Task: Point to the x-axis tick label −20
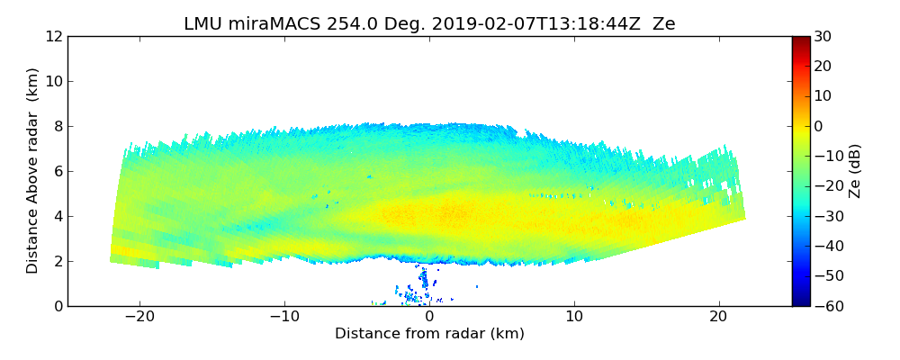tap(139, 317)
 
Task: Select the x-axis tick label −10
tap(284, 317)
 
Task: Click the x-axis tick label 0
tap(429, 317)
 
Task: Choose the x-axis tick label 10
tap(574, 317)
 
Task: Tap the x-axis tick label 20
tap(718, 317)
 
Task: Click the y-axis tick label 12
tap(53, 36)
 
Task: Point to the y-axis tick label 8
tap(57, 126)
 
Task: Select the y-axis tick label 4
tap(57, 216)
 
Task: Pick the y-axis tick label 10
tap(53, 81)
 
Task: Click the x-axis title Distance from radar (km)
tap(429, 334)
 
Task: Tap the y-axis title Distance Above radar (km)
tap(32, 171)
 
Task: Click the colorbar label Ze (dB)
tap(855, 171)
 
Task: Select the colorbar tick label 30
tap(822, 36)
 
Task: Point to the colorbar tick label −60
tap(825, 306)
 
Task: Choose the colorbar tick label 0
tap(819, 126)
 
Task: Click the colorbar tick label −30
tap(825, 216)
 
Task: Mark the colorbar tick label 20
tap(822, 66)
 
